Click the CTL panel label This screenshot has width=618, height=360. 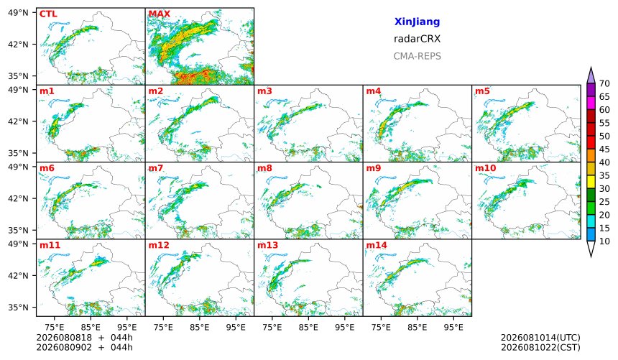pos(48,14)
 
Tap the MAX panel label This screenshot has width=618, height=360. pos(160,14)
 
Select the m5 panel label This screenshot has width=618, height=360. pos(482,91)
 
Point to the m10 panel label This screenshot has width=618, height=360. pos(485,168)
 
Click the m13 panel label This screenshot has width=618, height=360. pos(267,245)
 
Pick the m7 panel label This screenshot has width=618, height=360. pos(156,168)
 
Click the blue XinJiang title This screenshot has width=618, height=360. pos(417,22)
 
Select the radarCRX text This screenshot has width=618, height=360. pos(417,39)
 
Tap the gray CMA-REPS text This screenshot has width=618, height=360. pos(417,56)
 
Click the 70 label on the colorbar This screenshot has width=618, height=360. pos(604,83)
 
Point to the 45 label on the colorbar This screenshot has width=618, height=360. pos(604,149)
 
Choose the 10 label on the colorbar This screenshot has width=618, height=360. pos(604,241)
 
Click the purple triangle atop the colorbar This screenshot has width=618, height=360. pos(591,75)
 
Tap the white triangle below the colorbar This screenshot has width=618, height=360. pos(591,248)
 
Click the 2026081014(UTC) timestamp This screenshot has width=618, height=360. pos(540,338)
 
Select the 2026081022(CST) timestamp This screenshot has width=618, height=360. pos(540,347)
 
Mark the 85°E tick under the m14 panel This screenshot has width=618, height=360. pos(418,327)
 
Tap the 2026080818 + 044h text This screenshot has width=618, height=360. pos(84,338)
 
